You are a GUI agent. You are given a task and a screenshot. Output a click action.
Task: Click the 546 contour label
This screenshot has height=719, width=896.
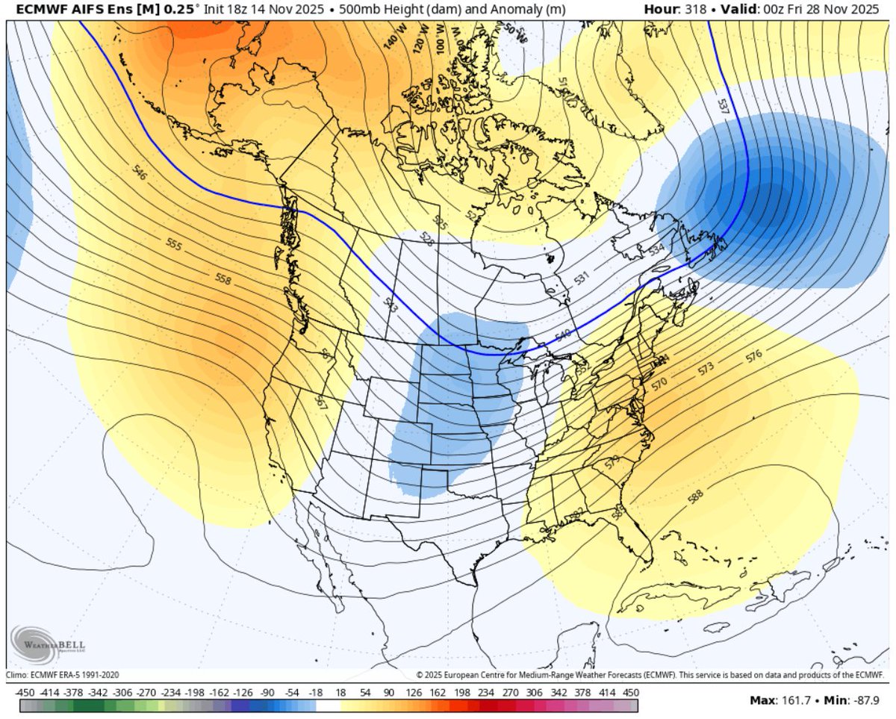(x=138, y=172)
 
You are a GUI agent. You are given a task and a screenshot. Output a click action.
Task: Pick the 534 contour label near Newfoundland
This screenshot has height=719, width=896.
(x=656, y=249)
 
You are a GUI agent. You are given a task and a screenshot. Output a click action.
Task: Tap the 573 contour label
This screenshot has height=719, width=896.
(x=706, y=368)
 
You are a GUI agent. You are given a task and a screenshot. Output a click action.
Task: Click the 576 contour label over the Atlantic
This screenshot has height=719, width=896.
(x=753, y=357)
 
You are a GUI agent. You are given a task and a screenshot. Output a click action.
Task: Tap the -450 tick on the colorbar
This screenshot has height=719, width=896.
(x=26, y=693)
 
